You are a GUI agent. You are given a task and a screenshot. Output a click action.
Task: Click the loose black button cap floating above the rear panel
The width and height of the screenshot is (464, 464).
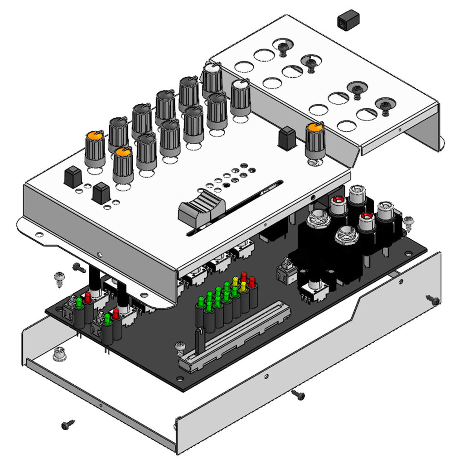(348, 20)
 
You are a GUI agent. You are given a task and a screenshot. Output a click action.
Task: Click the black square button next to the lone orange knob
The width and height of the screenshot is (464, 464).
(287, 138)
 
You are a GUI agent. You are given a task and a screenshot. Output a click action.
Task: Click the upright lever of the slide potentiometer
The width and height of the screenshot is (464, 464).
(198, 340)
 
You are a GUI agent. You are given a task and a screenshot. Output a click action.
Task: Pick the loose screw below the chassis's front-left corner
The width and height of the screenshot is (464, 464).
(68, 425)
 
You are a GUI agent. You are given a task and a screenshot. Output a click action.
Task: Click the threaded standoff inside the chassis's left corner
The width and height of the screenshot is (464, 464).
(59, 353)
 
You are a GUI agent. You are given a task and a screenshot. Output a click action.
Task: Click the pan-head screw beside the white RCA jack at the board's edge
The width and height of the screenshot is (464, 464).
(408, 222)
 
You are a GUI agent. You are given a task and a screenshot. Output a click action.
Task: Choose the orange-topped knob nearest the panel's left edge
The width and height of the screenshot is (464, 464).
(95, 148)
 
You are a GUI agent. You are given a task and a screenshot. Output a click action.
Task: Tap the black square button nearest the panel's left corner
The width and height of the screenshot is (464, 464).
(72, 177)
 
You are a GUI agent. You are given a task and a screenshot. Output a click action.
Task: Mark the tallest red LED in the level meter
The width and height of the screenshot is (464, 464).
(244, 277)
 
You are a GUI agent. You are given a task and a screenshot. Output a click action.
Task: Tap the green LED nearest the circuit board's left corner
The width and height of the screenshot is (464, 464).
(79, 302)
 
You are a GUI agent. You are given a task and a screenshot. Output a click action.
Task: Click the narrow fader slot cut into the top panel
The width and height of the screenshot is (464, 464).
(236, 208)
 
